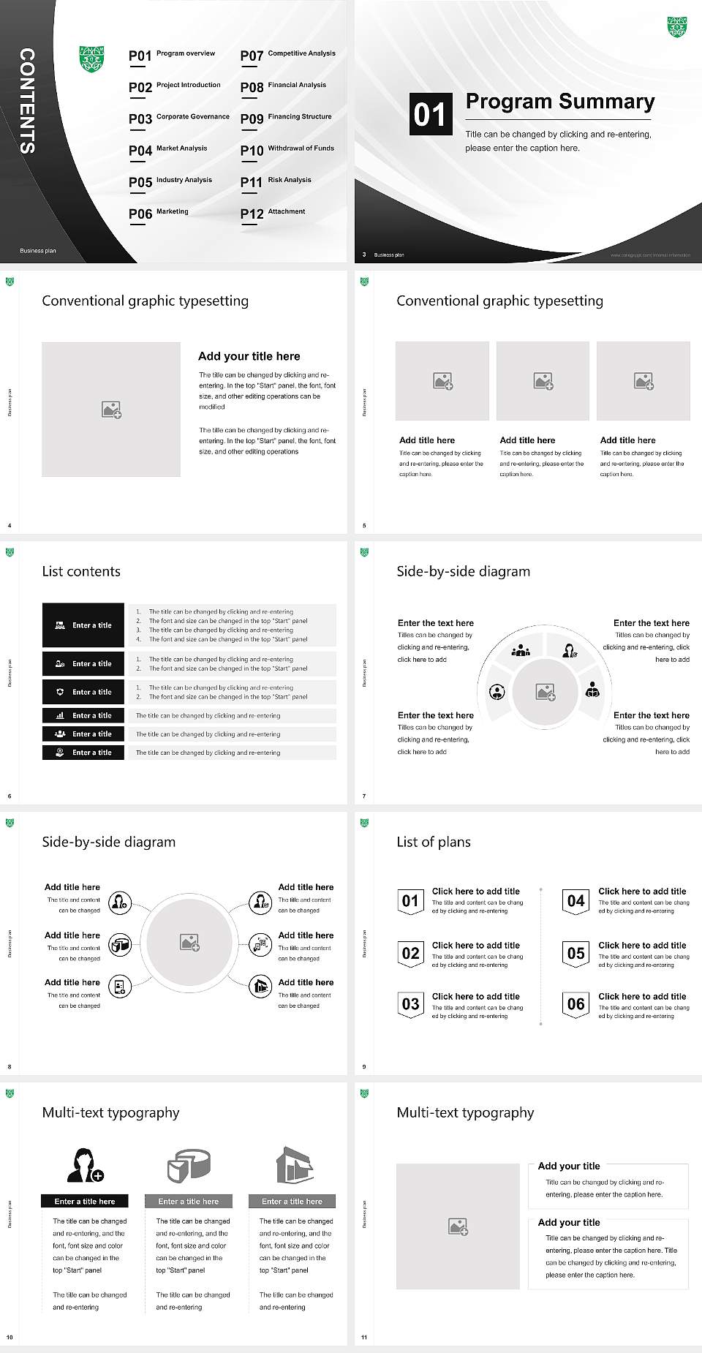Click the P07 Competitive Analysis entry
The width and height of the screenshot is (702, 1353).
click(x=288, y=55)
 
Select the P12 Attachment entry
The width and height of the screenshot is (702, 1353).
click(x=273, y=213)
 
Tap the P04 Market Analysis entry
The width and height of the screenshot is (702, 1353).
click(x=168, y=150)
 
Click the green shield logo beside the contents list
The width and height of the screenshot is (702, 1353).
click(x=91, y=59)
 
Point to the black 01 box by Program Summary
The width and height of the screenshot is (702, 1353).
click(x=429, y=114)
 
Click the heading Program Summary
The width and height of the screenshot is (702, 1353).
click(x=559, y=102)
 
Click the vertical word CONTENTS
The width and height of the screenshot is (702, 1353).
click(x=27, y=101)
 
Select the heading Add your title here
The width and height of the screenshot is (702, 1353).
click(x=249, y=356)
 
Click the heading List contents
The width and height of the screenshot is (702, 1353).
click(x=81, y=571)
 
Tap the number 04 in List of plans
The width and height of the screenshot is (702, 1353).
click(x=576, y=901)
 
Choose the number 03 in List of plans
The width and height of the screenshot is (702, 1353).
click(x=410, y=1004)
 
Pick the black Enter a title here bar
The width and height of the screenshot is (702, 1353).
click(x=84, y=1201)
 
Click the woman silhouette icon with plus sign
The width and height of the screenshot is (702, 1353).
click(x=85, y=1165)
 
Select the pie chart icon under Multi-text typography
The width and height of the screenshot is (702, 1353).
click(x=189, y=1164)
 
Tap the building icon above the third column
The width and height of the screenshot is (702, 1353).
click(x=295, y=1164)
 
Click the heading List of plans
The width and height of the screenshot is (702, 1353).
click(x=434, y=842)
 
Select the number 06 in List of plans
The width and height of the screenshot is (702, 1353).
click(x=576, y=1004)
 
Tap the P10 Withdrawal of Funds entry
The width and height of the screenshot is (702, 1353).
click(x=287, y=150)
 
